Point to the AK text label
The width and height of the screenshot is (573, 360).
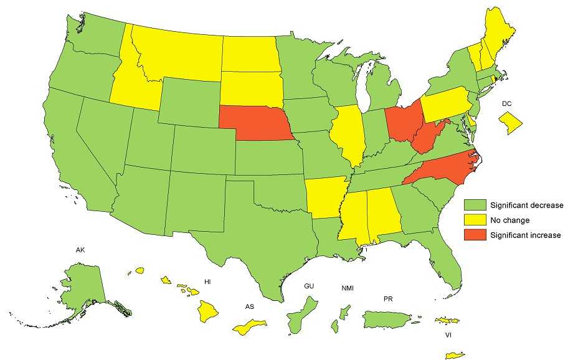tap(80, 250)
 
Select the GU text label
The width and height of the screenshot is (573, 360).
tap(308, 286)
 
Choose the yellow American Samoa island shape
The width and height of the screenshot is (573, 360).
tap(249, 327)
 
